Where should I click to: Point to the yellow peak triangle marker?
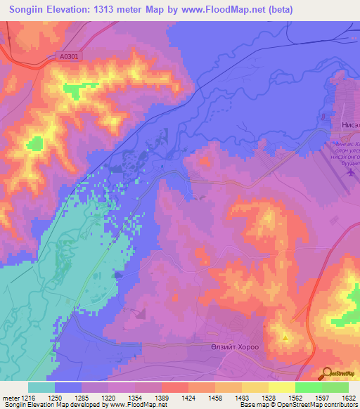285,338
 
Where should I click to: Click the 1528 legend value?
267,398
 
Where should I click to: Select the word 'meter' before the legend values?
10,398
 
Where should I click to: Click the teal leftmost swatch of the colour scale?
41,387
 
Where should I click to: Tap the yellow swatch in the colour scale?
281,387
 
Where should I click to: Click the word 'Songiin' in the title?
26,9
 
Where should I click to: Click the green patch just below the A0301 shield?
72,89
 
